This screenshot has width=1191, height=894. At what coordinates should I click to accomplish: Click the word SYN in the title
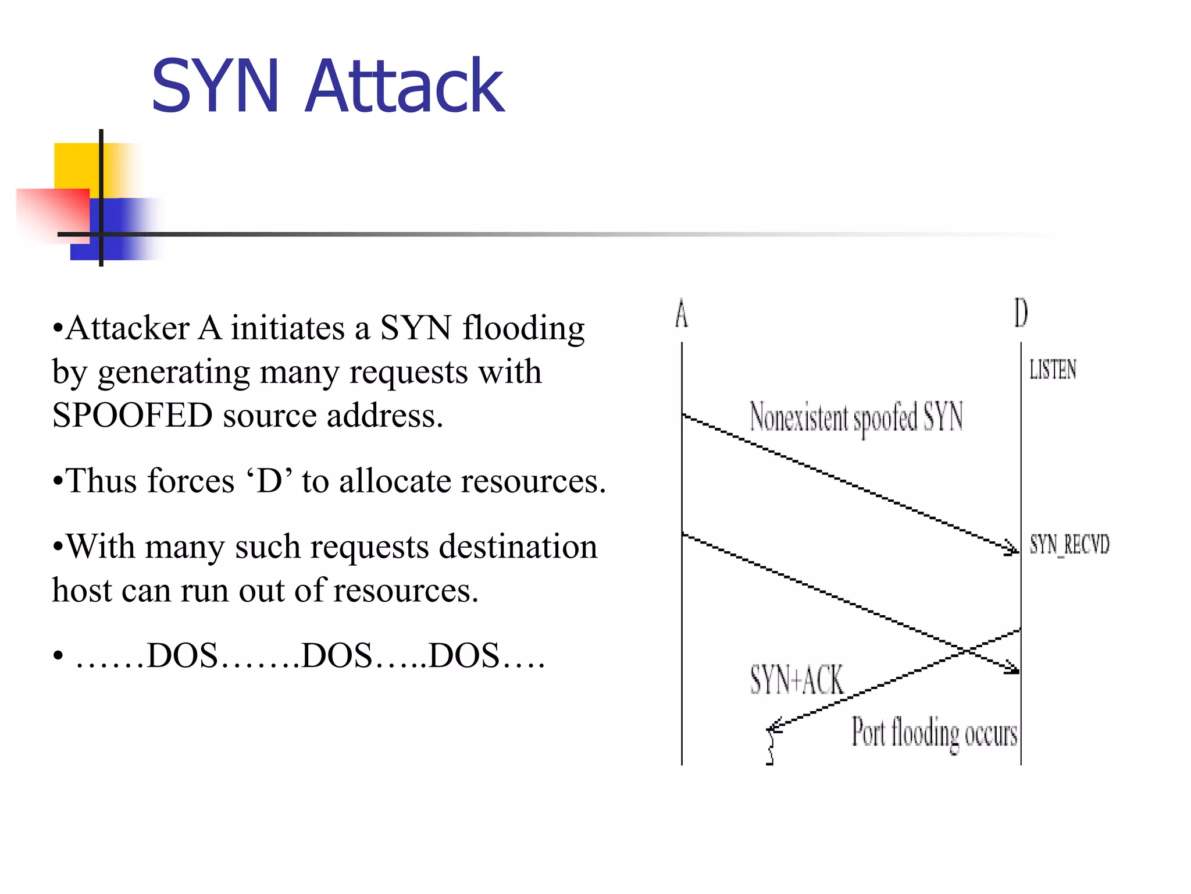(x=215, y=86)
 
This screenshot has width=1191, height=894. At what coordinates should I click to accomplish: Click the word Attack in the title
(x=404, y=86)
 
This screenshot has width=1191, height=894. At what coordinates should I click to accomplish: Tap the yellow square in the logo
(x=76, y=165)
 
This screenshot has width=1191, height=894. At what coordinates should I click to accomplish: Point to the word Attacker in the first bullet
(x=127, y=328)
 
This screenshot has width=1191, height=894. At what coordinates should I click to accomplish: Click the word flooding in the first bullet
(x=523, y=328)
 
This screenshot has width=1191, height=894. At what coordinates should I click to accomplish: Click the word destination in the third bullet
(x=518, y=547)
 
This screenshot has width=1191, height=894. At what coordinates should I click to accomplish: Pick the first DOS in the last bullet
(x=182, y=656)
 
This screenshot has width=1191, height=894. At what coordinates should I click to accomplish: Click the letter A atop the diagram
(x=682, y=314)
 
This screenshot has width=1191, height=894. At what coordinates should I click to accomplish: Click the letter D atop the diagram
(x=1021, y=313)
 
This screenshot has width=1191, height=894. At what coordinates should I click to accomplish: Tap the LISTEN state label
(x=1053, y=370)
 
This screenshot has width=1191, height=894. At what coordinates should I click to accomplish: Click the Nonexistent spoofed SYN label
(x=856, y=417)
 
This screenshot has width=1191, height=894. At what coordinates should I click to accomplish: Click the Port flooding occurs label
(x=934, y=733)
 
